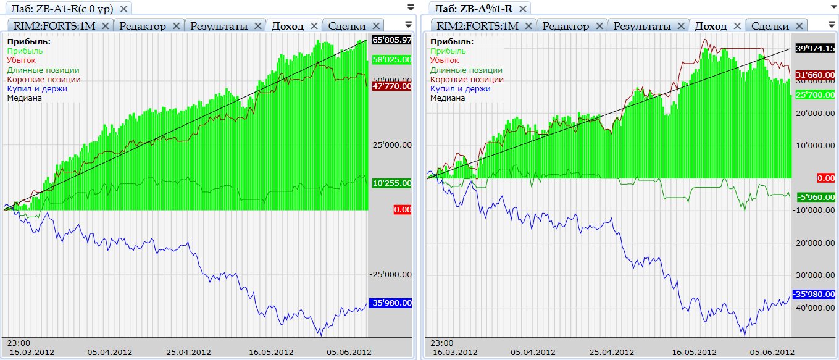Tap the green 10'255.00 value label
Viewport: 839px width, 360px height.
click(392, 183)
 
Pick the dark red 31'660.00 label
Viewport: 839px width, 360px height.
click(815, 75)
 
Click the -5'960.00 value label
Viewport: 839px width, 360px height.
click(815, 197)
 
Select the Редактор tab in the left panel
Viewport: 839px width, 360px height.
click(143, 26)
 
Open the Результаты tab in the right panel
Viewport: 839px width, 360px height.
click(642, 26)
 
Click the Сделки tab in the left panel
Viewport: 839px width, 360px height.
click(348, 26)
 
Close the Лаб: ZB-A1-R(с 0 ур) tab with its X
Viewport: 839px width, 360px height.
click(123, 9)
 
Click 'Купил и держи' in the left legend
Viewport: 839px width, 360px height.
click(37, 88)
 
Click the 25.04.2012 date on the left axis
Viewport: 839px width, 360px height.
click(188, 352)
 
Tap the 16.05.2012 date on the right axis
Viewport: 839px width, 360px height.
click(693, 352)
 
